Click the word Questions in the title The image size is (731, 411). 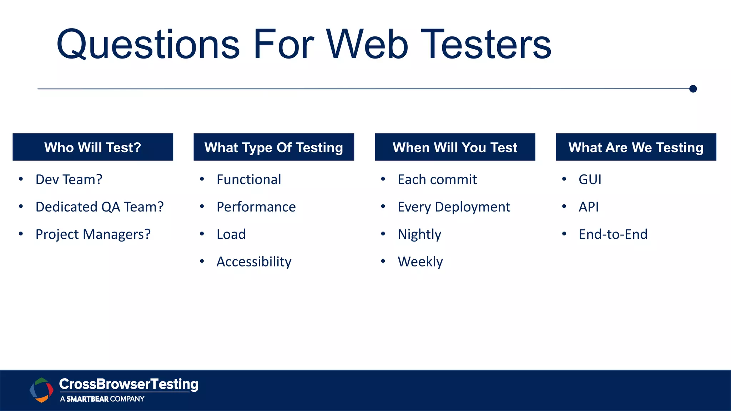tap(148, 45)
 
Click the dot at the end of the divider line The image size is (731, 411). tap(693, 89)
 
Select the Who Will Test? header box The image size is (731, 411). tap(93, 147)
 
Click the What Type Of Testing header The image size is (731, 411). tap(274, 147)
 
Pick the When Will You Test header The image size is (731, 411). tap(455, 147)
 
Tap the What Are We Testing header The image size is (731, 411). tap(636, 147)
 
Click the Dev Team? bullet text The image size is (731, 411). tap(69, 179)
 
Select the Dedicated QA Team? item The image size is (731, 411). tap(100, 207)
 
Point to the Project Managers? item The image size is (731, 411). tap(93, 234)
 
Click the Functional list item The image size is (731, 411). tap(249, 179)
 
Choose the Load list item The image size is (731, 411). tap(231, 234)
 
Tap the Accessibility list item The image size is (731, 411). tap(254, 262)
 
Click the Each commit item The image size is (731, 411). tap(437, 179)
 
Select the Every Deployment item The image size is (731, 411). tap(454, 207)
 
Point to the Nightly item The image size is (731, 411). tap(419, 234)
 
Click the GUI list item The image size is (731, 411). tap(590, 179)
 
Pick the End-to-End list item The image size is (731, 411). tap(613, 234)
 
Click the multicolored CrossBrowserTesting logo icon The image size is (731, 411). tap(41, 390)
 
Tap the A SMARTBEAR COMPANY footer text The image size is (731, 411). tap(102, 399)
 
